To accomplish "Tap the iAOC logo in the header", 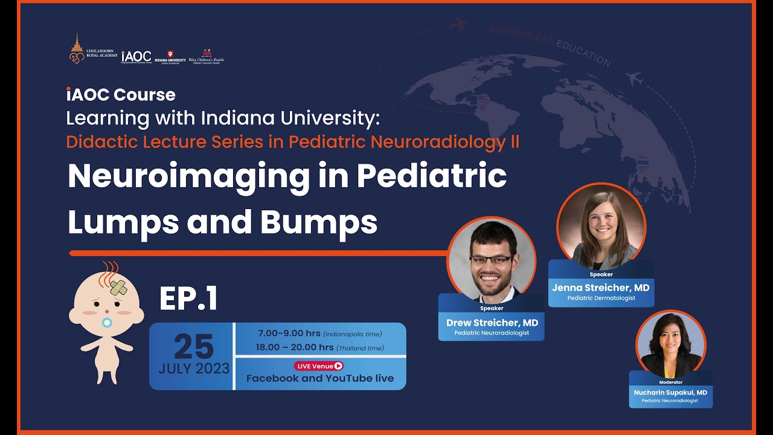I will tap(136, 56).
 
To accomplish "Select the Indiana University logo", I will tap(170, 57).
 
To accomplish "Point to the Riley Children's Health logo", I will tap(207, 56).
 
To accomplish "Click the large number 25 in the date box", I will tap(193, 346).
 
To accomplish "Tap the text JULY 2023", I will tap(194, 369).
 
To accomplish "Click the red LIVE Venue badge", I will tap(319, 366).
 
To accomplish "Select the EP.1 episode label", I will tap(188, 299).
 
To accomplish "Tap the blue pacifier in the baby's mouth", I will tap(107, 322).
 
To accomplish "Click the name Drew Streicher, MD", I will tap(492, 323).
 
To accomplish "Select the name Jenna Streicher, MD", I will tap(600, 288).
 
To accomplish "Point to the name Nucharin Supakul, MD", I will tap(670, 392).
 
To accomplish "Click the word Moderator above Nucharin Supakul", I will tap(670, 382).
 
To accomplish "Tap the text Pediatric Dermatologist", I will tap(601, 298).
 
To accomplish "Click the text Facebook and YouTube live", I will tap(319, 378).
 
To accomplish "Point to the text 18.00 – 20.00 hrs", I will tap(295, 347).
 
